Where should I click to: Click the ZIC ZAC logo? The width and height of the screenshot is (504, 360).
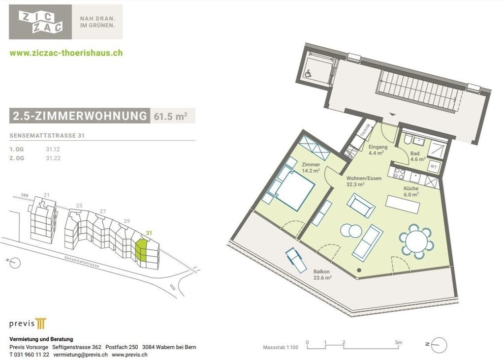(40, 22)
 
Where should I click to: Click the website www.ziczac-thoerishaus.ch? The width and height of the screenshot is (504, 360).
(66, 53)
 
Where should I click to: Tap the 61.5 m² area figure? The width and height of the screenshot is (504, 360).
(171, 116)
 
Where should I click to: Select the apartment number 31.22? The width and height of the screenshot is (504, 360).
(53, 158)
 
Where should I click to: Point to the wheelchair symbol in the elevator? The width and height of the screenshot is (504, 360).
(308, 74)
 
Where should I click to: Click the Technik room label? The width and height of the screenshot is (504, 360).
(365, 130)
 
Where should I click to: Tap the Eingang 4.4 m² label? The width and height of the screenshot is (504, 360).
(378, 150)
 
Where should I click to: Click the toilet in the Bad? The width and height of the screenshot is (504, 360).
(407, 139)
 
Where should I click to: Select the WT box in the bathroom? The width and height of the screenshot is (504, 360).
(434, 167)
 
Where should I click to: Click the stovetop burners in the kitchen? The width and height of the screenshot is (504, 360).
(399, 174)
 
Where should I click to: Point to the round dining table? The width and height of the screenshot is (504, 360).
(416, 241)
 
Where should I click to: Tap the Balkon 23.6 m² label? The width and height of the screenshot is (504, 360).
(322, 274)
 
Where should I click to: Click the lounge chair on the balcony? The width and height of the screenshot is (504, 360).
(297, 260)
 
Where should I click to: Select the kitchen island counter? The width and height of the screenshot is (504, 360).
(403, 204)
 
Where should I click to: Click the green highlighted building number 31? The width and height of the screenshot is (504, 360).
(149, 233)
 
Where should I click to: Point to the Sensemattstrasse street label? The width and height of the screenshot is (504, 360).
(82, 262)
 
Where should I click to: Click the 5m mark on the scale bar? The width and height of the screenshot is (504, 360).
(398, 343)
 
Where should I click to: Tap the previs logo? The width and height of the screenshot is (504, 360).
(28, 324)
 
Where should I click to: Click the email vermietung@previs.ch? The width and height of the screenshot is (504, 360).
(80, 355)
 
